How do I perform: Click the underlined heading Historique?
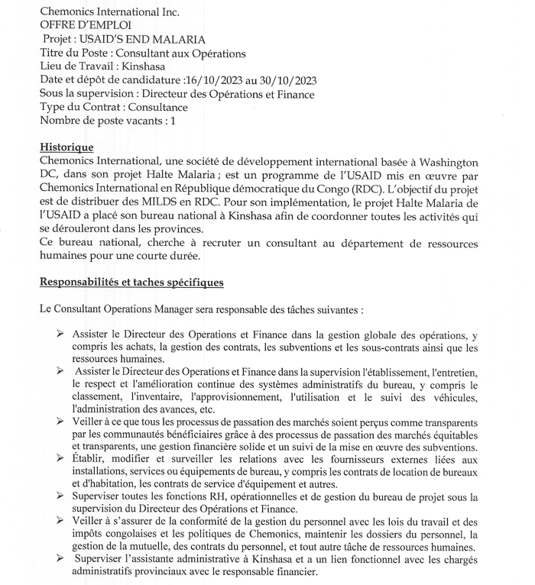(66, 147)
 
